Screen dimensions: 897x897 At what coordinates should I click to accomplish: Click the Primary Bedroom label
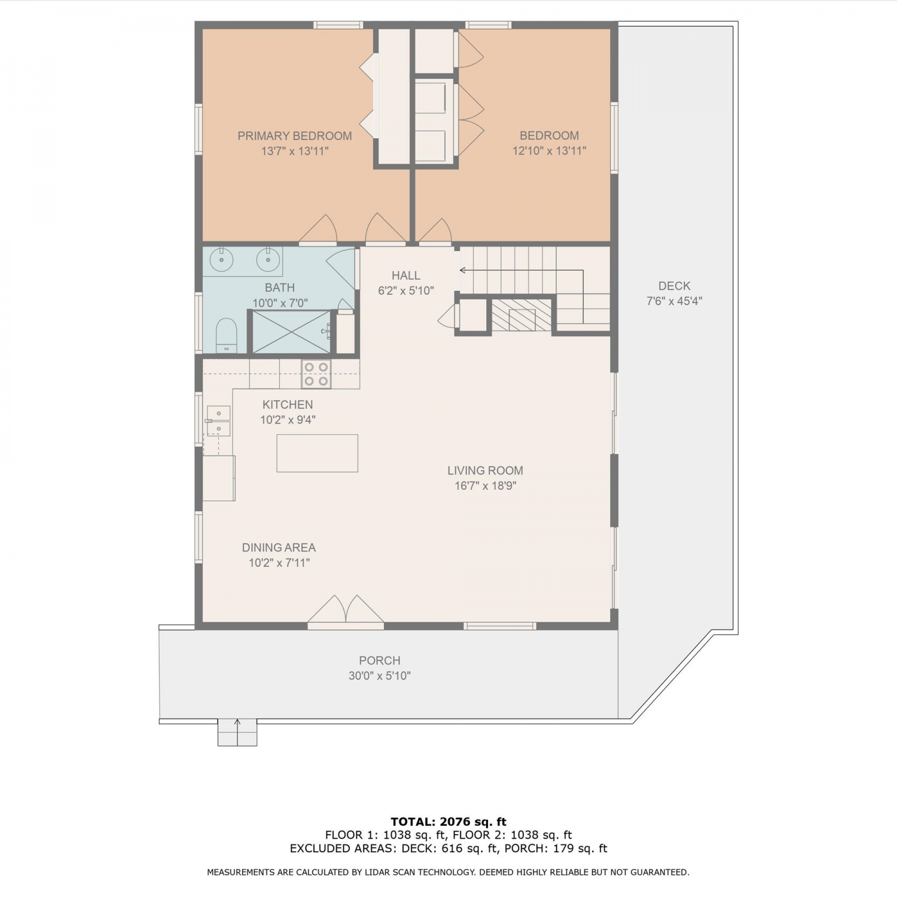click(x=295, y=136)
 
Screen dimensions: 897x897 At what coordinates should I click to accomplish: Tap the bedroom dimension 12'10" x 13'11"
click(x=549, y=151)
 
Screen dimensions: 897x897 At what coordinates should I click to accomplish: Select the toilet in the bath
click(x=226, y=335)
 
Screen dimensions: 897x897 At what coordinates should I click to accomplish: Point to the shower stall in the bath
click(x=291, y=332)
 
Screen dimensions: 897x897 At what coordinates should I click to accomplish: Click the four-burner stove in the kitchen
click(x=316, y=374)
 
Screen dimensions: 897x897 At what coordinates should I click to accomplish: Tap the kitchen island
click(x=317, y=453)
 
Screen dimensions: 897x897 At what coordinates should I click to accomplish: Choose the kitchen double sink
click(x=218, y=421)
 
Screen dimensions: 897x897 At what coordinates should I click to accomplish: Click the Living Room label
click(x=485, y=471)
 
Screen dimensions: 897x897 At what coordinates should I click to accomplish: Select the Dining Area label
click(x=279, y=547)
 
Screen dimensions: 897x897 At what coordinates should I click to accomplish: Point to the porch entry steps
click(x=237, y=733)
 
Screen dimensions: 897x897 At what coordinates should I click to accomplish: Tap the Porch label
click(x=380, y=660)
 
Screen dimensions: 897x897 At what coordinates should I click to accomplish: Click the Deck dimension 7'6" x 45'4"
click(x=674, y=301)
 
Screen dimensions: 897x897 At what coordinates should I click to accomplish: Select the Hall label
click(x=405, y=276)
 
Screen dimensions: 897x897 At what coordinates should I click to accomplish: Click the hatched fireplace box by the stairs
click(x=520, y=315)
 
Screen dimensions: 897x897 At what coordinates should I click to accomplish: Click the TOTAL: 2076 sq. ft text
click(x=448, y=822)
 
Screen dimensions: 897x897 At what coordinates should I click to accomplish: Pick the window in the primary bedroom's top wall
click(x=338, y=25)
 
